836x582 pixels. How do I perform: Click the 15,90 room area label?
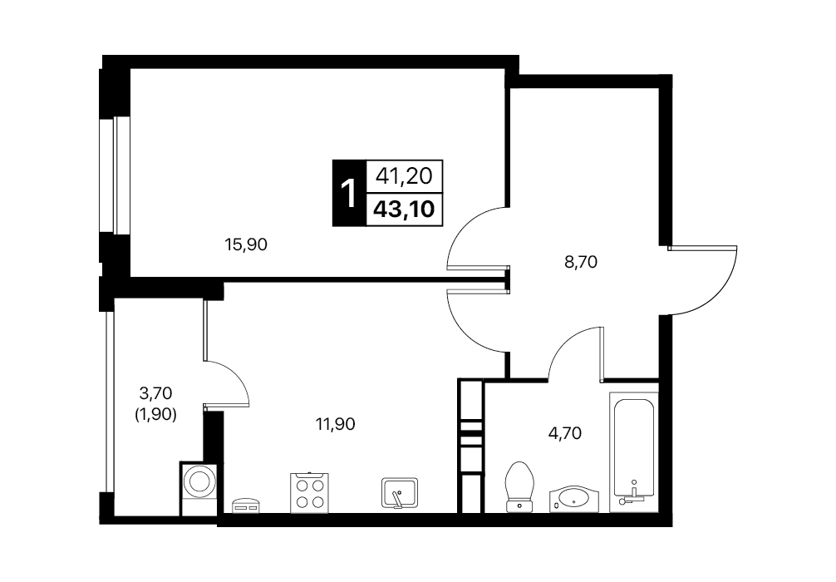[246, 244]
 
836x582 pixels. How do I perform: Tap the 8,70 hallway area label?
[581, 262]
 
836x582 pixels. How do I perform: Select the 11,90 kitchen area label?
[336, 424]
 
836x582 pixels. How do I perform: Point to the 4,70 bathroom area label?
[564, 433]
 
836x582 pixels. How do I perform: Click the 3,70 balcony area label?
[155, 394]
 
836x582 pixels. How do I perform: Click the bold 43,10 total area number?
[404, 210]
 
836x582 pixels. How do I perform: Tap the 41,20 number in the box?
[404, 175]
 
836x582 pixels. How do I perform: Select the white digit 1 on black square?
[349, 193]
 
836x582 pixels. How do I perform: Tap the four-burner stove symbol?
[309, 493]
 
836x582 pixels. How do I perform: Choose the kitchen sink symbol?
[400, 493]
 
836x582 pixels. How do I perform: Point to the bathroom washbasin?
[574, 499]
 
